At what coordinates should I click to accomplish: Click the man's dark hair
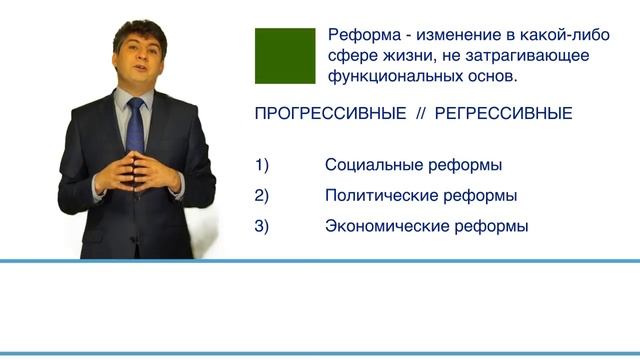tap(138, 30)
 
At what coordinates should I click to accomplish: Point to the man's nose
tap(139, 60)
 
